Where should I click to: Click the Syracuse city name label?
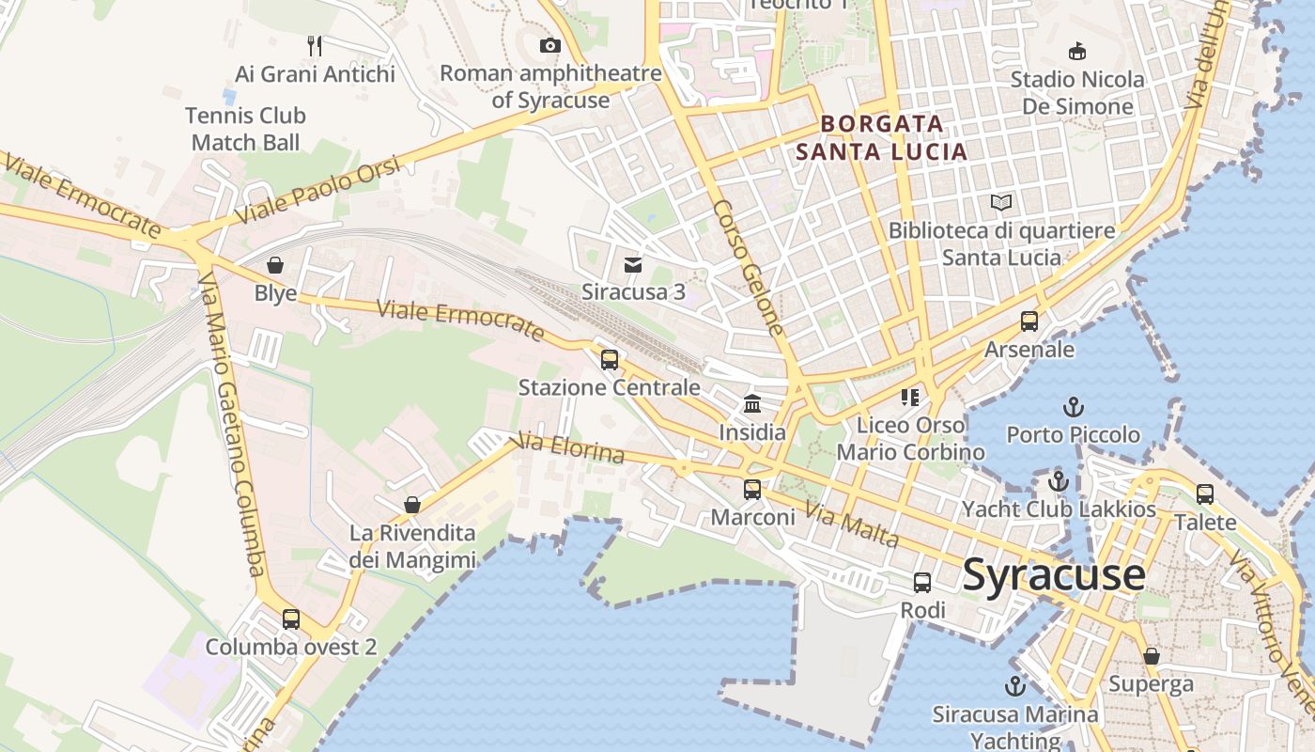1054,573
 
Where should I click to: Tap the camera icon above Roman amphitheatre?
550,45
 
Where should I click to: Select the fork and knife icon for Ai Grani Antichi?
315,45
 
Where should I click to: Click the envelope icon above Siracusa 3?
633,265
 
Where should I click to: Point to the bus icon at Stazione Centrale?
610,359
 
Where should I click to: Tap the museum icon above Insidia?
752,404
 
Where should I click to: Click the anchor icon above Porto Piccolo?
1073,407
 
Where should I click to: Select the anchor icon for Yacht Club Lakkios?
1059,481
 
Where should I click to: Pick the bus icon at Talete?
1205,493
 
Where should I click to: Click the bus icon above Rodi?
922,582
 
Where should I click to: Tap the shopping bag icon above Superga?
1151,655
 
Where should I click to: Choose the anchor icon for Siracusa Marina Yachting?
1014,685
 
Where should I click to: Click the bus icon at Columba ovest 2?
291,619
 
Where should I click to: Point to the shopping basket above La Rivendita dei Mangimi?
411,505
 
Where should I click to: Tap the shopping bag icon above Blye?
275,265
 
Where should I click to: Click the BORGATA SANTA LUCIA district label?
881,137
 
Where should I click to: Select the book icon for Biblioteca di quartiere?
1002,202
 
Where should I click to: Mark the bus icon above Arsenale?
1029,321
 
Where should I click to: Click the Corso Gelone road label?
748,268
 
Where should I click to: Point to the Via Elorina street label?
571,448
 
